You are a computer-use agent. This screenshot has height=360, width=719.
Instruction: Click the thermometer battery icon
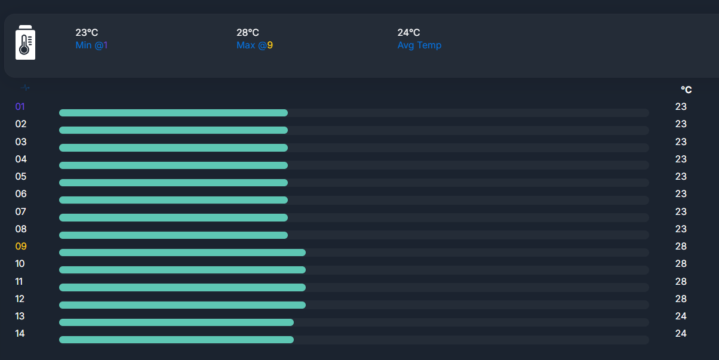(25, 42)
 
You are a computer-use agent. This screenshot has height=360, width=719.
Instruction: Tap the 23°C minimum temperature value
(87, 33)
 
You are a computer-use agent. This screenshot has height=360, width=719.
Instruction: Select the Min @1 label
(91, 45)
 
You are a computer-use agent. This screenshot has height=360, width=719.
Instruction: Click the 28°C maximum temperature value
(248, 33)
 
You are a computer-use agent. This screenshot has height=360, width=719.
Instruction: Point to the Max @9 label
(254, 45)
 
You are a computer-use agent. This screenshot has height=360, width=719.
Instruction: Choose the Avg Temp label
(419, 45)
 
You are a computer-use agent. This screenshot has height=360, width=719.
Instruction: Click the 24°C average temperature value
(408, 33)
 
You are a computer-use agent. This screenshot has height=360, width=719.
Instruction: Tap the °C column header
(686, 90)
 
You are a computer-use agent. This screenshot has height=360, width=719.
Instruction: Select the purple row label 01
(20, 107)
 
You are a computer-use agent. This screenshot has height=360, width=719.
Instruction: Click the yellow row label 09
(21, 247)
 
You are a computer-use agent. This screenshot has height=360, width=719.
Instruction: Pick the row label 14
(20, 334)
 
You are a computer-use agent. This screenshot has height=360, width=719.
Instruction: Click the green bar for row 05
(173, 183)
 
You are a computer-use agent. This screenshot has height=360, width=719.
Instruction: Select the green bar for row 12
(182, 305)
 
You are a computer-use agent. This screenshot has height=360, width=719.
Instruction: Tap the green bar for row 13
(176, 322)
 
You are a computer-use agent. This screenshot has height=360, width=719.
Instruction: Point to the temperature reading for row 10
(681, 264)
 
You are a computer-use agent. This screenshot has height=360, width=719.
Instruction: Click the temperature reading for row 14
(681, 334)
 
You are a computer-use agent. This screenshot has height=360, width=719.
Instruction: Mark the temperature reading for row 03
(681, 142)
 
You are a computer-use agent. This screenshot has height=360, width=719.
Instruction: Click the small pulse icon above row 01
(25, 88)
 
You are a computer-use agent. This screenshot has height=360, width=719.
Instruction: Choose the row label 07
(21, 212)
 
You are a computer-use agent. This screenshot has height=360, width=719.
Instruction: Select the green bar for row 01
(173, 113)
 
